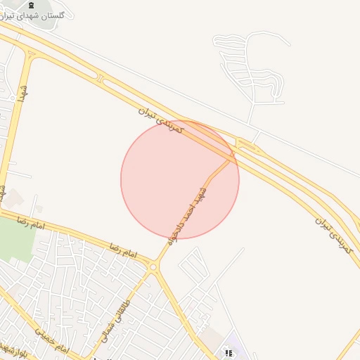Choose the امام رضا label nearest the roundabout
(121, 249)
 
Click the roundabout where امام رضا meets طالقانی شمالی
(153, 266)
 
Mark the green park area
(15, 239)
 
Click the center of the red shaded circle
(180, 179)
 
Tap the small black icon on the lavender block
(228, 353)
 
